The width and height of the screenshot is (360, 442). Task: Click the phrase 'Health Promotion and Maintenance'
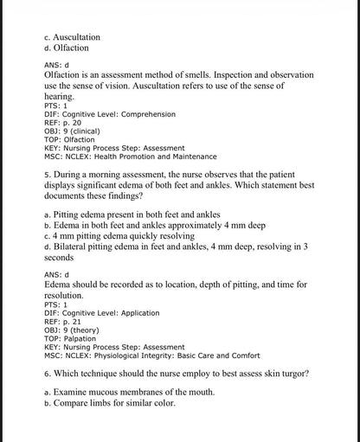pyautogui.click(x=163, y=157)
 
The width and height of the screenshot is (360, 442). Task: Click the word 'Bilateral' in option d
pyautogui.click(x=74, y=247)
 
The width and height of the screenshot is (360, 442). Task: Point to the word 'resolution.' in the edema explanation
pyautogui.click(x=67, y=295)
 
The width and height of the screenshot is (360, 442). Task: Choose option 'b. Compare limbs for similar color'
pyautogui.click(x=109, y=403)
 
